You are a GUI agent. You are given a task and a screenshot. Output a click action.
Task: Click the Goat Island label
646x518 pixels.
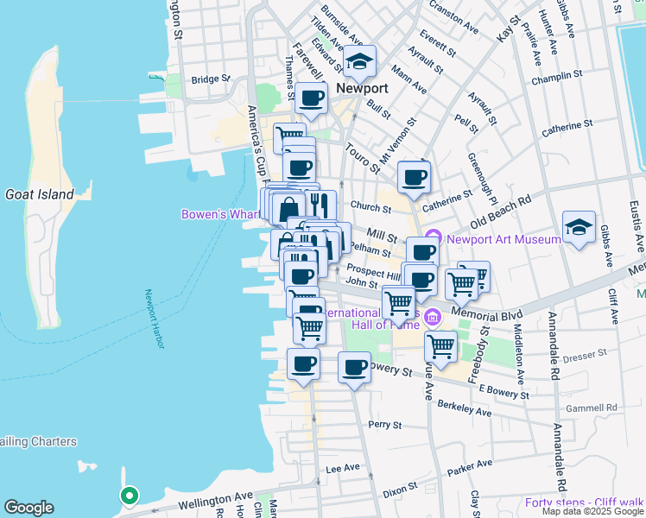[x=40, y=194]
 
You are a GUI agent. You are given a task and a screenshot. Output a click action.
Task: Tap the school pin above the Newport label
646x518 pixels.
[x=360, y=61]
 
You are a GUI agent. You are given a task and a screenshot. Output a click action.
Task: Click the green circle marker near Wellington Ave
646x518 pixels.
[x=129, y=496]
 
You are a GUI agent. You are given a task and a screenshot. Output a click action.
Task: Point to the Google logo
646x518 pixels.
[x=28, y=508]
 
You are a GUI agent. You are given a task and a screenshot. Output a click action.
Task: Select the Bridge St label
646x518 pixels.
[x=212, y=79]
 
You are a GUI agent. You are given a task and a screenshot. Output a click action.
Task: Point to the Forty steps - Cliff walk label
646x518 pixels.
[x=584, y=502]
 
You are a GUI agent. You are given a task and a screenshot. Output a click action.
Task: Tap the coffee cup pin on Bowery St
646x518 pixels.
[x=353, y=368]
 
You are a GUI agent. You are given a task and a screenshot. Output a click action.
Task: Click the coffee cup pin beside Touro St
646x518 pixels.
[x=414, y=178]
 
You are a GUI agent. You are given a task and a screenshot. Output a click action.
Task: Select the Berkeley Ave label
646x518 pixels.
[x=464, y=408]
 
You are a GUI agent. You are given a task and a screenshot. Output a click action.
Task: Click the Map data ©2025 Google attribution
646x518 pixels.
[x=592, y=511]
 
